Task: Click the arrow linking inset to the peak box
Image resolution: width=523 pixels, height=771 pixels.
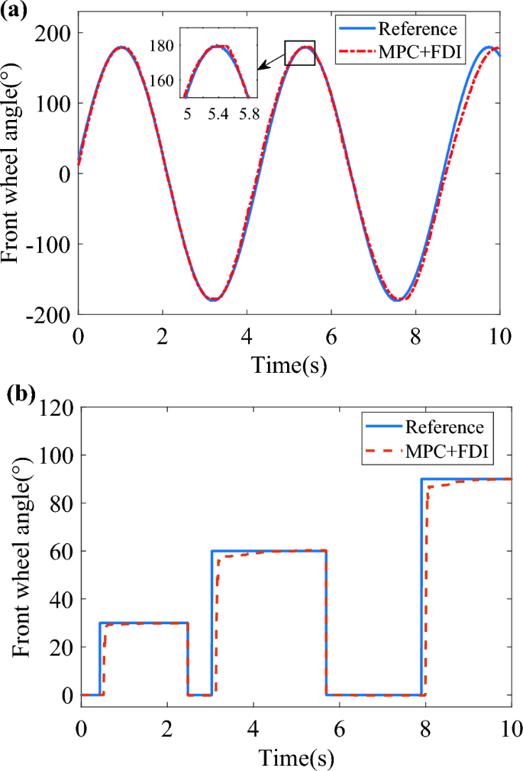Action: pos(271,61)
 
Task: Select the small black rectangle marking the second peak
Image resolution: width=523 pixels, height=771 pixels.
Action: pos(299,53)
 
